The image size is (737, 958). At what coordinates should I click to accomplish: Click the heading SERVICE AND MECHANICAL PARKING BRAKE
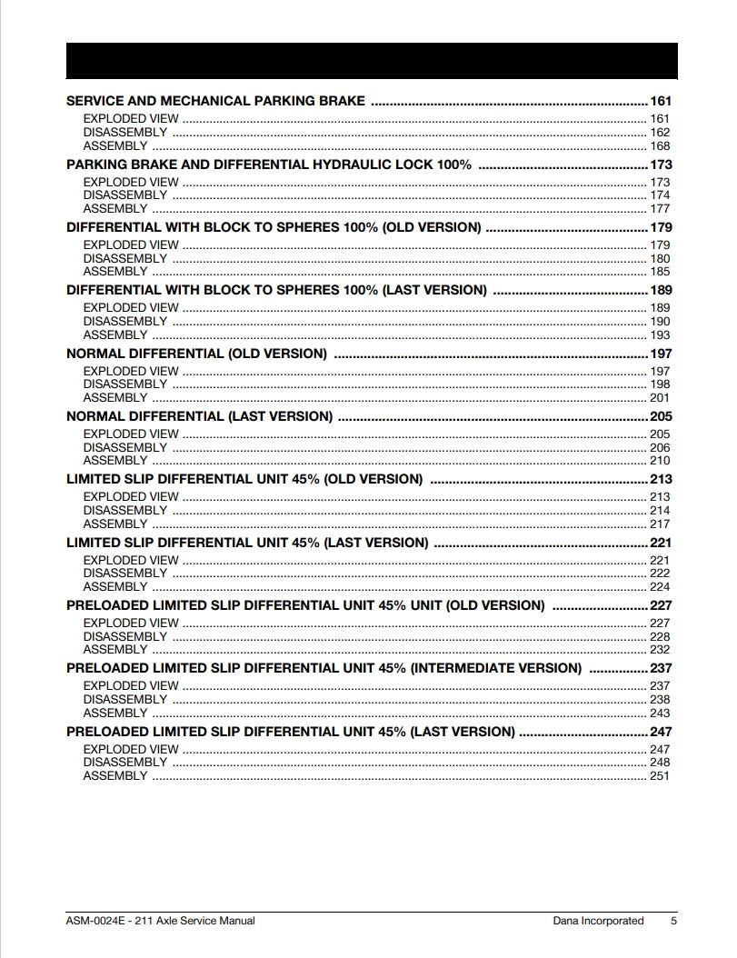click(x=215, y=101)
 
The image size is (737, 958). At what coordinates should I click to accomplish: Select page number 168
click(x=660, y=146)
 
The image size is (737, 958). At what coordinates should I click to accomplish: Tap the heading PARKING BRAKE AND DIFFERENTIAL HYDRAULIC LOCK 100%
click(x=269, y=165)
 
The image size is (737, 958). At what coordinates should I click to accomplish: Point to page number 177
click(x=660, y=209)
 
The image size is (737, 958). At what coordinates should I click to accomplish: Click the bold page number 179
click(x=660, y=227)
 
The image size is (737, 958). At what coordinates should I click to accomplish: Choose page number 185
click(x=660, y=272)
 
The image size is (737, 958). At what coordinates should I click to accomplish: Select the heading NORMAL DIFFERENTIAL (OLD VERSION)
click(x=196, y=354)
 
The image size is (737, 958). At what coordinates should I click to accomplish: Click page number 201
click(x=660, y=398)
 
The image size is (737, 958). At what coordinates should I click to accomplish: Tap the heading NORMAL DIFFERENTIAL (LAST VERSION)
click(x=199, y=416)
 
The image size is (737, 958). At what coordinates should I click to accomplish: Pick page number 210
click(x=660, y=461)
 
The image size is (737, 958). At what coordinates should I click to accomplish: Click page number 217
click(x=660, y=524)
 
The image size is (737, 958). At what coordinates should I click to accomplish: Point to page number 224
click(x=660, y=587)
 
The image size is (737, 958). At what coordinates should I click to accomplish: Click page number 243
click(x=660, y=714)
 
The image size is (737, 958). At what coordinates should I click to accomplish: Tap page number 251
click(x=660, y=776)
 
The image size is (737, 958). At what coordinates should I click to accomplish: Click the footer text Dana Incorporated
click(x=598, y=921)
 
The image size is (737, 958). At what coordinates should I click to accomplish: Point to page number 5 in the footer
click(x=673, y=921)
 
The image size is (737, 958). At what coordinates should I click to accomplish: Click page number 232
click(x=660, y=650)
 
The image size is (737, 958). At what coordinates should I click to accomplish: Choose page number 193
click(x=660, y=335)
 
